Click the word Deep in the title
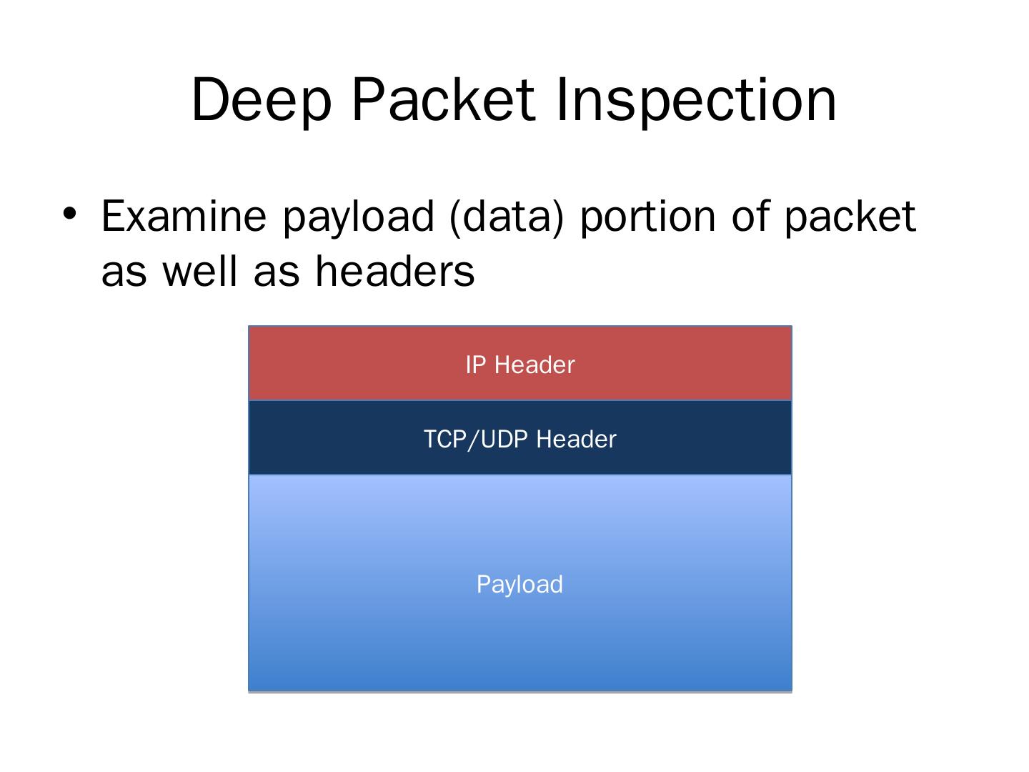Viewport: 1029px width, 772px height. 262,101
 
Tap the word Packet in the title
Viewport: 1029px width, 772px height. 443,99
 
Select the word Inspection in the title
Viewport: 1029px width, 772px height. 695,101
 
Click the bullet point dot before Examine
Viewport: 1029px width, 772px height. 69,213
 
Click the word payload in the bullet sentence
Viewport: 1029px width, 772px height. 358,217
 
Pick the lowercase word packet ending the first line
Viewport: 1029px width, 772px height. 850,217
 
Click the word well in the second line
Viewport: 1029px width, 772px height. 201,271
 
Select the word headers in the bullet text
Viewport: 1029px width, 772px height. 394,271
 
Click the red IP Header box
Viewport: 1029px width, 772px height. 357,363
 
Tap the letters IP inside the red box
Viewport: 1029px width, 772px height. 476,365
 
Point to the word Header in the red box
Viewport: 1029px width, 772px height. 534,365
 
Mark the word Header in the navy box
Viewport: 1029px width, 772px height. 576,440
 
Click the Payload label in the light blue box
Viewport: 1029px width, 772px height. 520,585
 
